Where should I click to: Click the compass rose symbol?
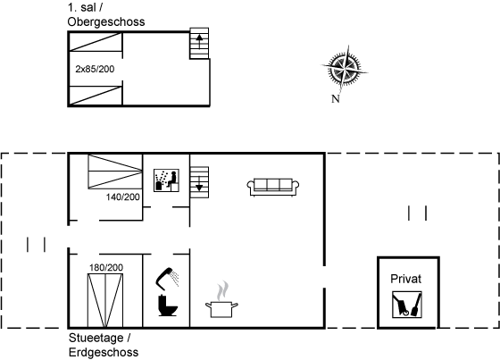(345, 68)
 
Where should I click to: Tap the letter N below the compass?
(335, 99)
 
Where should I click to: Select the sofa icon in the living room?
(273, 187)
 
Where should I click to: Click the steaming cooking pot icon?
(221, 299)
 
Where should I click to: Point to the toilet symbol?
(168, 306)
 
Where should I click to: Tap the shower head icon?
(168, 277)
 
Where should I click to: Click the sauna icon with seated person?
(166, 180)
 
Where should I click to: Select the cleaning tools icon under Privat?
(407, 305)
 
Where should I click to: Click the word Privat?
(406, 279)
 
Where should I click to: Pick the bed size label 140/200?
(123, 197)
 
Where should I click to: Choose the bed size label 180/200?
(106, 267)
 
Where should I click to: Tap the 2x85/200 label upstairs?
(95, 69)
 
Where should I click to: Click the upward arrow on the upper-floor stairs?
(199, 42)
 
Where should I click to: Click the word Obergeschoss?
(106, 22)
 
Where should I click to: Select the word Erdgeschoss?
(104, 352)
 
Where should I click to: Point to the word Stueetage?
(96, 338)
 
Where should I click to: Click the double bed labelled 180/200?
(105, 300)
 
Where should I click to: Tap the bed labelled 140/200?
(115, 172)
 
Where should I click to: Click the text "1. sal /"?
(85, 8)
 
